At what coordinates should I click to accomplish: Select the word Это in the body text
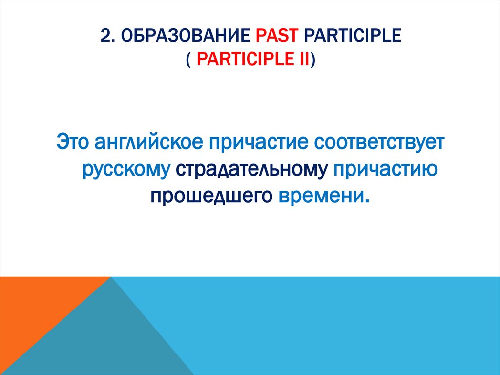tap(73, 143)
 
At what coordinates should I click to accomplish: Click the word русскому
tap(126, 170)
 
